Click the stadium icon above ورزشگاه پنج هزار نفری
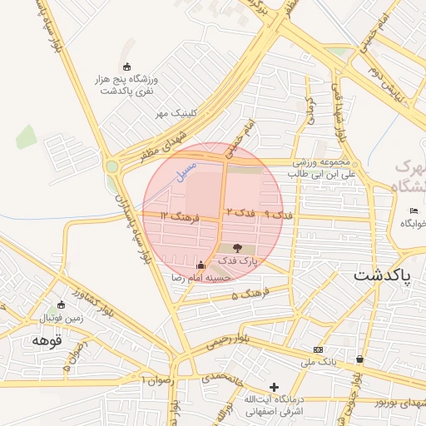click(x=126, y=67)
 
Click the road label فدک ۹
click(x=279, y=215)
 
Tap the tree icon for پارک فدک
click(x=237, y=248)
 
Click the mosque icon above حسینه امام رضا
click(x=200, y=265)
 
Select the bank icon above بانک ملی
click(x=317, y=349)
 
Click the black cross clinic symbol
click(x=274, y=387)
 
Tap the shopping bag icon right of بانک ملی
click(x=359, y=359)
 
